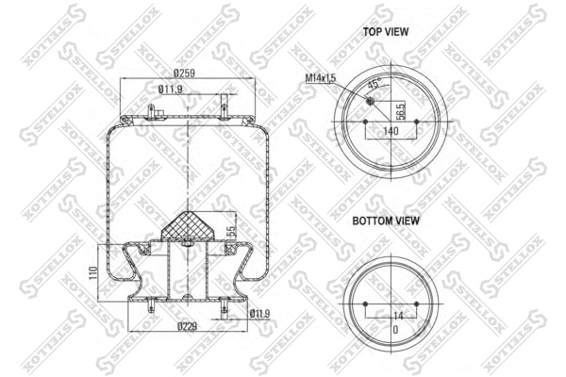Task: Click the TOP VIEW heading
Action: coord(386,31)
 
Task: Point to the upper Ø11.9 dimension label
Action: coord(170,90)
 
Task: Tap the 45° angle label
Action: coord(373,84)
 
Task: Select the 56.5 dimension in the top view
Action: coord(400,111)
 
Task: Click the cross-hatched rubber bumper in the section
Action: coord(190,225)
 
